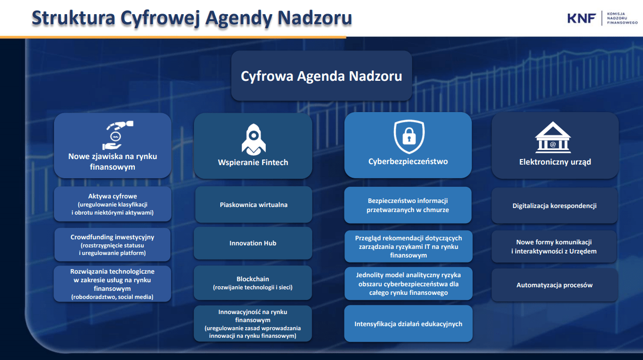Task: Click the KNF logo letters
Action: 581,18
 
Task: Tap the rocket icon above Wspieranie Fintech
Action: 254,139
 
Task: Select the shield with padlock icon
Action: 409,137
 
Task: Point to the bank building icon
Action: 553,137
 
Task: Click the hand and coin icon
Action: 118,135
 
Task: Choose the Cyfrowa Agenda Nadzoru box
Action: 321,76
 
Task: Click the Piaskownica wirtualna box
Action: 254,204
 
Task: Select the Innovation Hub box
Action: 253,243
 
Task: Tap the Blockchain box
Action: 253,283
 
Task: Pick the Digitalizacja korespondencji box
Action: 555,205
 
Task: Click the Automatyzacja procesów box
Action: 555,285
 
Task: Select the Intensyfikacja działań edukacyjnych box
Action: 408,324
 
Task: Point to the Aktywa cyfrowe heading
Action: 113,196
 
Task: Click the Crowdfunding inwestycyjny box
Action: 113,245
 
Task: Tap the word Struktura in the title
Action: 73,18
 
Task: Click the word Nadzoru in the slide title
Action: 315,18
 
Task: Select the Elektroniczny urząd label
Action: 555,162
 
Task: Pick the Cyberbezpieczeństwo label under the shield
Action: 408,162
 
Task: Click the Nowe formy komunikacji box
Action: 554,246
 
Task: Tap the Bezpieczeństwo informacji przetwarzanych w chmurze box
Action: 408,205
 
